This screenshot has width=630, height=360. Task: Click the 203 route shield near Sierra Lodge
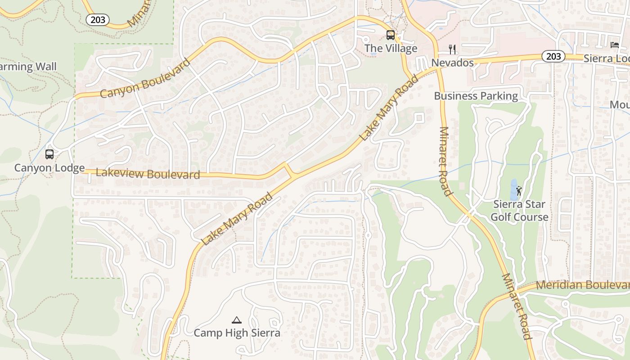coord(553,56)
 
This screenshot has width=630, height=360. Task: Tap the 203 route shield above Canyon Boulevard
coord(98,19)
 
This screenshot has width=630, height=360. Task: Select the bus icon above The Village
coord(391,35)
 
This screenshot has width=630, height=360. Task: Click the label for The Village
coord(391,48)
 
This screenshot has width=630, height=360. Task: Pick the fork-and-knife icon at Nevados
coord(452,49)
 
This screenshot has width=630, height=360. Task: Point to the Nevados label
coord(452,63)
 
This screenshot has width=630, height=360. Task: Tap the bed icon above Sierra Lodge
coord(615,45)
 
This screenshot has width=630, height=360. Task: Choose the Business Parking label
coord(476,96)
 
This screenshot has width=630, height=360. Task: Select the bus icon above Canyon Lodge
coord(49,154)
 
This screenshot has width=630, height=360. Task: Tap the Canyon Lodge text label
coord(49,168)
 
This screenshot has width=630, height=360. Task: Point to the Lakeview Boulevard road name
coord(148,174)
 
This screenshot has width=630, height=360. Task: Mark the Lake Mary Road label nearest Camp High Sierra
coord(237,219)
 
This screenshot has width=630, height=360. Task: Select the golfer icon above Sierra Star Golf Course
coord(519,191)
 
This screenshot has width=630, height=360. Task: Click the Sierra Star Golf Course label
coord(519,211)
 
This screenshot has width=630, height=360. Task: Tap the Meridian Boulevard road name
coord(582,285)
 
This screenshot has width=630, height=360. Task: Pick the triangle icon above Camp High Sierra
coord(237,320)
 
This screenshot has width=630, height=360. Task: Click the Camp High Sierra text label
coord(237,333)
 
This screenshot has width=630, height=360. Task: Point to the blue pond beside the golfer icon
coord(513,189)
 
